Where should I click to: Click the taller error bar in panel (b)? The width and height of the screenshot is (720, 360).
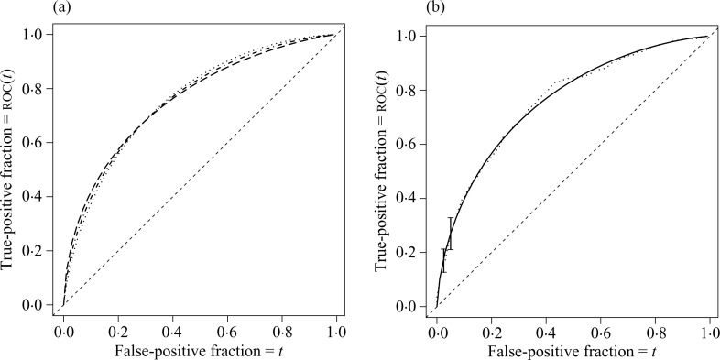point(450,234)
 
